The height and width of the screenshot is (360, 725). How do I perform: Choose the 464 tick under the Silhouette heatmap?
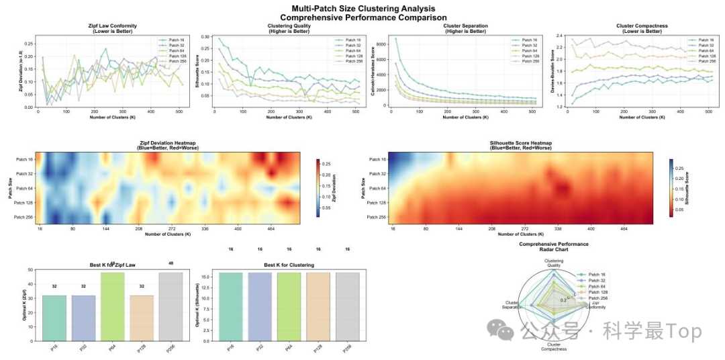pos(624,230)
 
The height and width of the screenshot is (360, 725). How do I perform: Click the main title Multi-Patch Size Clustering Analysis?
pos(362,8)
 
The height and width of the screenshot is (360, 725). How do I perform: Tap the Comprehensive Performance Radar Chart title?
pos(554,246)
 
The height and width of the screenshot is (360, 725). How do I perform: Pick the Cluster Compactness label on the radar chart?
pos(554,347)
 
